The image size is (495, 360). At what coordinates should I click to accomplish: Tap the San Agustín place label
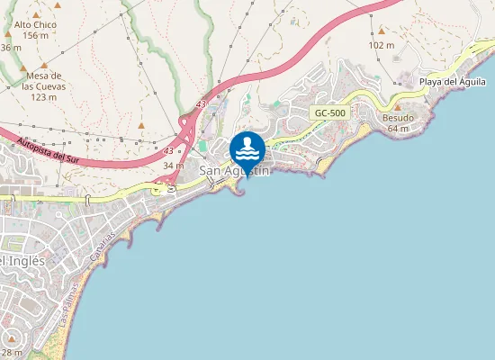click(x=234, y=170)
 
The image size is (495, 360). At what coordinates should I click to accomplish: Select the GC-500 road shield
click(x=329, y=112)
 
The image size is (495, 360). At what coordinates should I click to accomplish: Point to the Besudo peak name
click(x=398, y=118)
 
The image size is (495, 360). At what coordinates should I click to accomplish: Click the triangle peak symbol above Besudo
click(x=397, y=107)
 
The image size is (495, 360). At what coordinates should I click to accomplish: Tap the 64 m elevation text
click(x=398, y=129)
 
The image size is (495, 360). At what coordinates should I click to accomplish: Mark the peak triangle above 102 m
click(x=381, y=31)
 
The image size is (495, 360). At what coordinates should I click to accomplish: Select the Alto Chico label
click(x=36, y=25)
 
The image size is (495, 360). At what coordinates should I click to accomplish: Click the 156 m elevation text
click(x=36, y=36)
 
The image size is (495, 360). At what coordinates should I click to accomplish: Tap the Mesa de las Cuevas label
click(x=43, y=81)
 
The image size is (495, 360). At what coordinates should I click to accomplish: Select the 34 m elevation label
click(x=173, y=166)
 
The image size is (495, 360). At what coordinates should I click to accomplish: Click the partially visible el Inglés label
click(x=22, y=260)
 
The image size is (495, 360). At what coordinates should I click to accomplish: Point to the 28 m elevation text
click(x=11, y=352)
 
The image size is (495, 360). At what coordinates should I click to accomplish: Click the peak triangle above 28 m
click(x=11, y=341)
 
